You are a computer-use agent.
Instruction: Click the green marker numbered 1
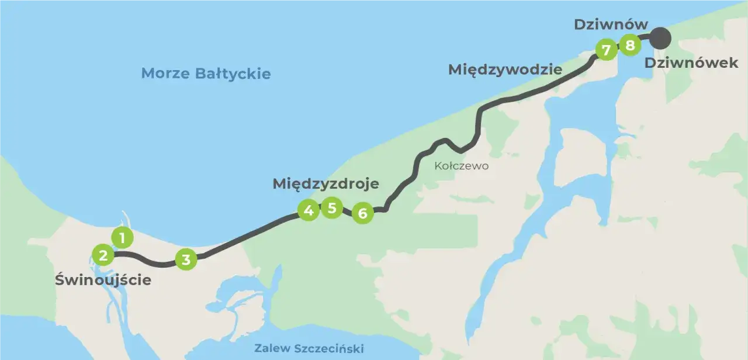(122, 238)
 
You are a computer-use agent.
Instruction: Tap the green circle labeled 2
(103, 255)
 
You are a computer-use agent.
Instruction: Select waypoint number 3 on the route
(186, 259)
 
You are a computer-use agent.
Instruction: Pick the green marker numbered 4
(309, 210)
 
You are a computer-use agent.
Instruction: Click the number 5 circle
(332, 207)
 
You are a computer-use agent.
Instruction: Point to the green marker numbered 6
(363, 213)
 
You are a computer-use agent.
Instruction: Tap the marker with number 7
(606, 50)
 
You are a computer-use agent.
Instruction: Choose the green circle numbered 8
(629, 44)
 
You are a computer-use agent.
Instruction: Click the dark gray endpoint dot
(660, 39)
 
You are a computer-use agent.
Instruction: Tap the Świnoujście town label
(103, 280)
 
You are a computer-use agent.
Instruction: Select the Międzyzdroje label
(325, 184)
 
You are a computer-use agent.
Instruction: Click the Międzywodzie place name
(505, 70)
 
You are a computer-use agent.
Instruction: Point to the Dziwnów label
(611, 25)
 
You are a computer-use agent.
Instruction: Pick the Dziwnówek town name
(691, 63)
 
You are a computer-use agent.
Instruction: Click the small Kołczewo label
(461, 166)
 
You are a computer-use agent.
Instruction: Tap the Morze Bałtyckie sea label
(206, 74)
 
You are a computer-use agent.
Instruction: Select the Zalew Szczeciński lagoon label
(309, 349)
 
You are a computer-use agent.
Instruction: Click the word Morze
(162, 74)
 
